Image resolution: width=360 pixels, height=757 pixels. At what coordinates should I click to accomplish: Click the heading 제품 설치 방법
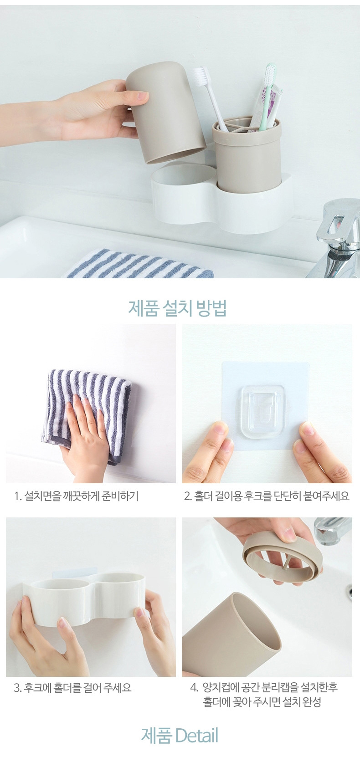[x=177, y=308]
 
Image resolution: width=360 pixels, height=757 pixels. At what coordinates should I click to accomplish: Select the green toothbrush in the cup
[x=267, y=96]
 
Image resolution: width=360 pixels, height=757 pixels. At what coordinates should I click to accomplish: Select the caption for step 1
[x=77, y=496]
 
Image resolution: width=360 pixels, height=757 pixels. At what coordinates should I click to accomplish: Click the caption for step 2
[x=267, y=496]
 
